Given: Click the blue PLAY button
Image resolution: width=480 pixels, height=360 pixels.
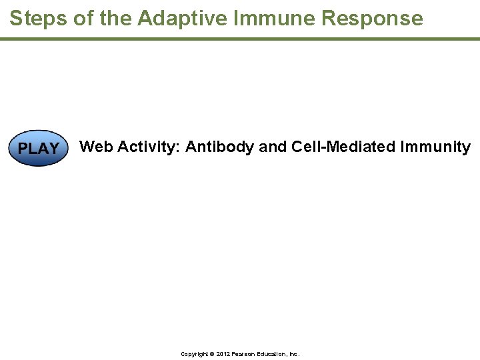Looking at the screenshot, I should click(38, 148).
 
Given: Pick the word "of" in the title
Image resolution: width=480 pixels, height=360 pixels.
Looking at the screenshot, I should click(84, 18).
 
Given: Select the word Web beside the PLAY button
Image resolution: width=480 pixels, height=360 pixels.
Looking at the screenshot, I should click(96, 147).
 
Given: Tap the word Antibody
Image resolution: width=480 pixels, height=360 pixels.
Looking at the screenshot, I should click(220, 147).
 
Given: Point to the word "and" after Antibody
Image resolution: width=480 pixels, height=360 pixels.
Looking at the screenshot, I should click(273, 147).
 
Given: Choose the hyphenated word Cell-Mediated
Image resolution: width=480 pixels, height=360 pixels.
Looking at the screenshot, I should click(343, 147).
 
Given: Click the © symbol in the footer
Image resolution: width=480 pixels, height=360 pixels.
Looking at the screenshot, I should click(211, 354).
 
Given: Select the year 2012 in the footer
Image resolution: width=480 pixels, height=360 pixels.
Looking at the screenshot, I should click(221, 354).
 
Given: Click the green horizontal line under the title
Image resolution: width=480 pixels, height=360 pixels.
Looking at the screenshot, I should click(240, 39).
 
